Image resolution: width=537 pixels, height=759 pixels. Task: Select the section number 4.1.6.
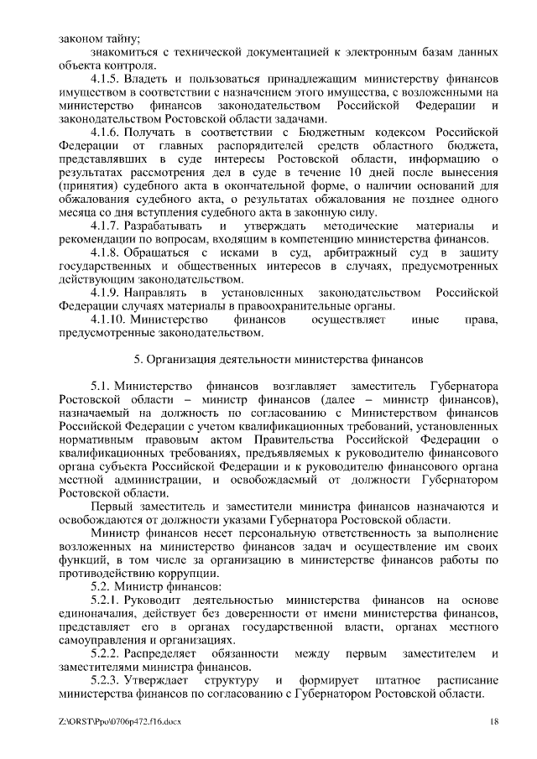pyautogui.click(x=104, y=132)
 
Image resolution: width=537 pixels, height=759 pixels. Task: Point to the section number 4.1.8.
pyautogui.click(x=104, y=252)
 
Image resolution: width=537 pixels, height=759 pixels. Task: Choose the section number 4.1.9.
pyautogui.click(x=104, y=293)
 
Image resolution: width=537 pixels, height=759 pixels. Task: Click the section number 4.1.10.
pyautogui.click(x=107, y=320)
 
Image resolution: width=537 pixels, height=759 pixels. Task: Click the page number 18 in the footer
pyautogui.click(x=494, y=721)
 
